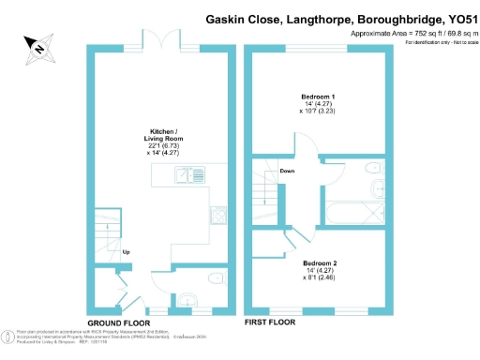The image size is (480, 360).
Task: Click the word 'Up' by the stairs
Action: pos(126,252)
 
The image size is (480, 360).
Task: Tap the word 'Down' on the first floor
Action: pos(288,172)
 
